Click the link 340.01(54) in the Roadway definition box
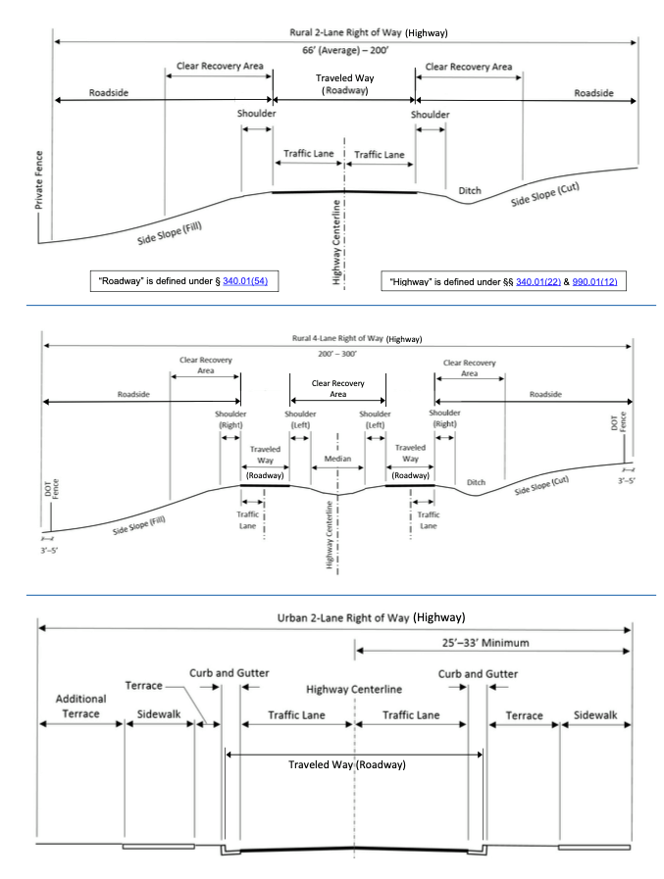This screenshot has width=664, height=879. [x=245, y=281]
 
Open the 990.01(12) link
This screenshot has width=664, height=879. [x=594, y=281]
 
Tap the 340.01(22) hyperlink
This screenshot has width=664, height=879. [x=538, y=281]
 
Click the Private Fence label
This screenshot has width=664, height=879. [x=38, y=180]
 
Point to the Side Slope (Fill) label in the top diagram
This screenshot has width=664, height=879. [x=170, y=232]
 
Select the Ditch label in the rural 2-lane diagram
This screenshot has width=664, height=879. [x=470, y=191]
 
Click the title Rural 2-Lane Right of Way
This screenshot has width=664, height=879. [x=345, y=32]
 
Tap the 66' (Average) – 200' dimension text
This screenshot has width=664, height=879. [x=345, y=50]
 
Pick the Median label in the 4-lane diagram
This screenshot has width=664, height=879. [x=338, y=459]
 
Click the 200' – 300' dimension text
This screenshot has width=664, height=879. [x=337, y=355]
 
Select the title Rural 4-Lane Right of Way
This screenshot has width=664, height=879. [x=337, y=339]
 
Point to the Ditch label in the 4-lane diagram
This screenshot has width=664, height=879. [x=476, y=482]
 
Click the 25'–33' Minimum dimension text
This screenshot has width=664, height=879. [x=485, y=643]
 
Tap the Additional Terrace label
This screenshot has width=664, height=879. [x=80, y=707]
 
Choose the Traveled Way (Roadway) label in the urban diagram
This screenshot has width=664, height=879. [x=347, y=764]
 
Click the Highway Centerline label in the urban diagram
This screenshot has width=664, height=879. [x=354, y=689]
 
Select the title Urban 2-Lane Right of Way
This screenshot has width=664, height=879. [x=343, y=617]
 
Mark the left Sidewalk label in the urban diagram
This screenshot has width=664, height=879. [x=159, y=714]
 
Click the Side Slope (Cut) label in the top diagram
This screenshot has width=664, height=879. [x=545, y=194]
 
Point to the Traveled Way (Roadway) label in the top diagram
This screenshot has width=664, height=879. [x=344, y=84]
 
